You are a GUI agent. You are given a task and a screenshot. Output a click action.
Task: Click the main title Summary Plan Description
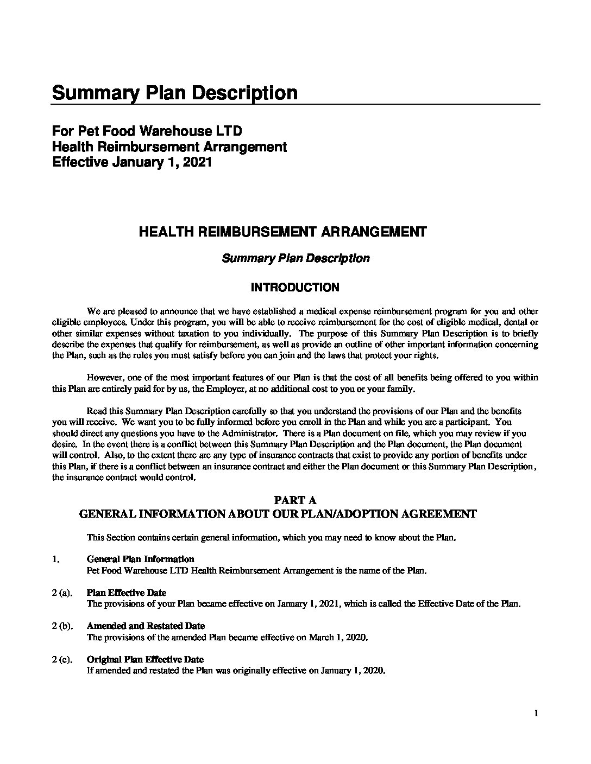coord(174,93)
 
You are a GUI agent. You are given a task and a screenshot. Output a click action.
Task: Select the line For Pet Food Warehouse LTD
coord(147,131)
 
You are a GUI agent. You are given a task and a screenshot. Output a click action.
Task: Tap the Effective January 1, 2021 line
coord(131,162)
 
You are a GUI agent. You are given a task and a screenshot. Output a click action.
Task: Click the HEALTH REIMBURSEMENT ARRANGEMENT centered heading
coord(283,232)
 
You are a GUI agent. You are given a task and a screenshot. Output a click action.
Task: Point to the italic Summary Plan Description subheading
coord(295,258)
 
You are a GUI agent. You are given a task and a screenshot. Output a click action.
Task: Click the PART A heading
coord(295,500)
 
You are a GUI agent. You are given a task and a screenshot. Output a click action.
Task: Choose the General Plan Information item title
coord(141,559)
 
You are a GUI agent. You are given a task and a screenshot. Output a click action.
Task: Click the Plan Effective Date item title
coord(127,593)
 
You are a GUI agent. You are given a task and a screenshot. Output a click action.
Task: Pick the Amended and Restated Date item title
coord(146,626)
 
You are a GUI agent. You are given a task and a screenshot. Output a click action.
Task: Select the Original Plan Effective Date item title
coord(145,660)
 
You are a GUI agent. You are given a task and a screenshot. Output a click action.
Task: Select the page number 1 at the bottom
coord(536,714)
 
